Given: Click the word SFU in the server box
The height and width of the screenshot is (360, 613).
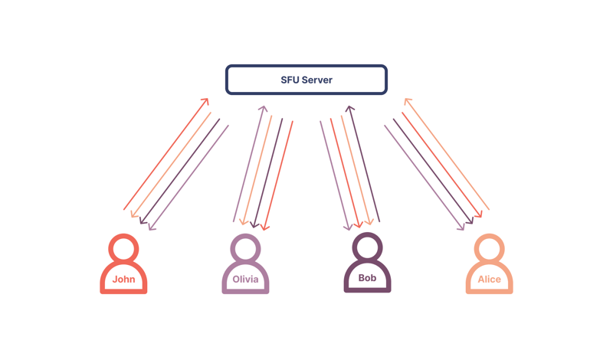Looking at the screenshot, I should point(290,80).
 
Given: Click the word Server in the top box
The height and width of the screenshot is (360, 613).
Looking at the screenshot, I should point(318,80).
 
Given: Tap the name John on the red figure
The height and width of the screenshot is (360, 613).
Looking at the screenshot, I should point(123,280).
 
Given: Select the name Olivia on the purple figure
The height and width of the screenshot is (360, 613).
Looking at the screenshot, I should point(245,280).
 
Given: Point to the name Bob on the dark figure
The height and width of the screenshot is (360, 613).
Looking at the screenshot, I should point(367,278).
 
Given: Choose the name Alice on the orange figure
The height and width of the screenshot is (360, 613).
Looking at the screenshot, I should point(489,280).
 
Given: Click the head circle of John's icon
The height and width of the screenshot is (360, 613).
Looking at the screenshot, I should point(123,248).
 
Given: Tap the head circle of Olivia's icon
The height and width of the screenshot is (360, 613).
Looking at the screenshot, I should point(245,248).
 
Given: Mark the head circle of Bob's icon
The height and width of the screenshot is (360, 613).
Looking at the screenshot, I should point(367,247).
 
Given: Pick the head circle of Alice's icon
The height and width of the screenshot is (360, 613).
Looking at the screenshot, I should point(489,248).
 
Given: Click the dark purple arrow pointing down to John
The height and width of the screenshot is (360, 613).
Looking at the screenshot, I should point(181,170).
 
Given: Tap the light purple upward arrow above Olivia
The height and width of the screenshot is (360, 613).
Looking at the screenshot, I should point(248,164).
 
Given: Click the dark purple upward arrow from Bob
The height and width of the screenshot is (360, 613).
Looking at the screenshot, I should point(364,164).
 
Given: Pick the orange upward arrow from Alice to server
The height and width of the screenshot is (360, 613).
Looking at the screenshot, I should point(447,153).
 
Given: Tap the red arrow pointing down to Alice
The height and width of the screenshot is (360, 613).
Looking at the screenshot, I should point(441,164).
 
